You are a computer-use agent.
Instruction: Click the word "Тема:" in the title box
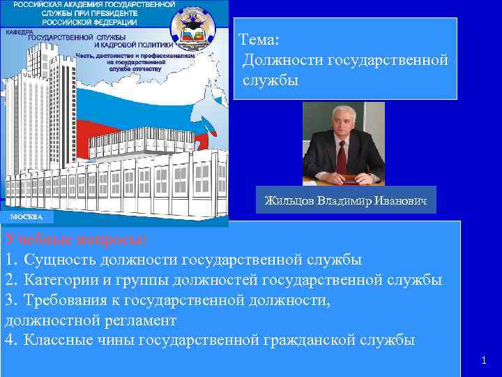click(x=259, y=40)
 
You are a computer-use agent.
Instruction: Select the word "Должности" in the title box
click(x=280, y=61)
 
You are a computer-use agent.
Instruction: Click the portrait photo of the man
click(x=343, y=143)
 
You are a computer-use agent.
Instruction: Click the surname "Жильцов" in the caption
click(x=289, y=201)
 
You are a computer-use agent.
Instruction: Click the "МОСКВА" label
click(x=26, y=217)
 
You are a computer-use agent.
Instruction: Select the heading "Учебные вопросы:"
click(x=76, y=239)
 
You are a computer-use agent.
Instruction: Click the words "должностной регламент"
click(x=91, y=320)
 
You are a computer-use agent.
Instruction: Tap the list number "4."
click(x=10, y=341)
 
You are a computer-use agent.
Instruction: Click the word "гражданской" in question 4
click(x=320, y=341)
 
